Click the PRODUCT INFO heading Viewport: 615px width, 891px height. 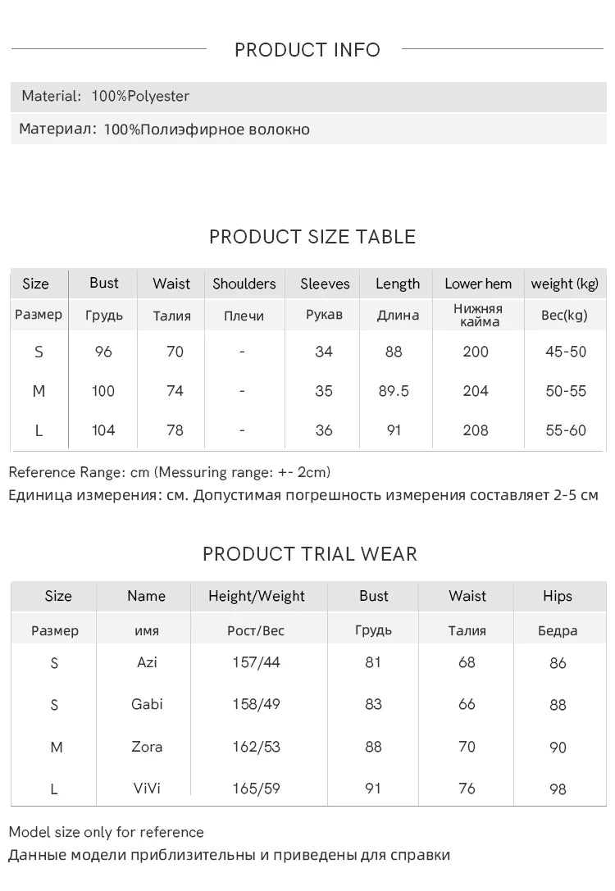(x=307, y=50)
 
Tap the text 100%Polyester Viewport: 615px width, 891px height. (x=140, y=96)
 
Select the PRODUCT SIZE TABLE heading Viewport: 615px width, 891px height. (x=312, y=237)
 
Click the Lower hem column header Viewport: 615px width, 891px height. (x=478, y=284)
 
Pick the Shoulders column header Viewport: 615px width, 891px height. (x=244, y=284)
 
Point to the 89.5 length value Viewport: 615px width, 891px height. (x=394, y=391)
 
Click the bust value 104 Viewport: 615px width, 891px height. (x=103, y=430)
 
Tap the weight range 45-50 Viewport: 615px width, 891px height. (x=566, y=352)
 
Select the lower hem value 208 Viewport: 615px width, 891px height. (x=476, y=430)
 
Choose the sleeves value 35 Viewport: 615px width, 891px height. (x=324, y=391)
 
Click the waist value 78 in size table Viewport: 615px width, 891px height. (x=175, y=430)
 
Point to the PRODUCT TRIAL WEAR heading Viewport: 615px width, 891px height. (x=310, y=554)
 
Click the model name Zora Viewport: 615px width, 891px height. (x=147, y=747)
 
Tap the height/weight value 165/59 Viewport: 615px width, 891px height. (x=256, y=789)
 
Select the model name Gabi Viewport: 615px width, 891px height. (x=147, y=704)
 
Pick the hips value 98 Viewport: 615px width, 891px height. (x=558, y=789)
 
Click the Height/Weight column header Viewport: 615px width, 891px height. (x=257, y=596)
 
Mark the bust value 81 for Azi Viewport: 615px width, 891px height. (x=373, y=661)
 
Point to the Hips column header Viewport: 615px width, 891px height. (x=558, y=596)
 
